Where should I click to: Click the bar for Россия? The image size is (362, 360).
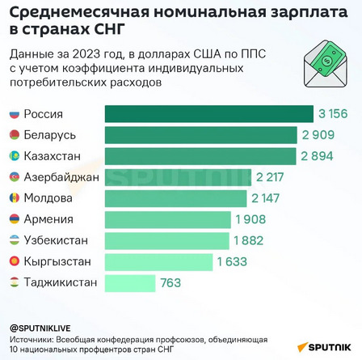209,114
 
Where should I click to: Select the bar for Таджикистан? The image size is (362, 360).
130,283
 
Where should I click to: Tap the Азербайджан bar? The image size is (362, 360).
178,177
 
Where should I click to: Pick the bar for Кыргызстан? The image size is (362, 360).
158,262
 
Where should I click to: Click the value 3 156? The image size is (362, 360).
333,114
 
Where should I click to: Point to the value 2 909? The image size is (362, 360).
318,135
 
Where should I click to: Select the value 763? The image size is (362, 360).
170,283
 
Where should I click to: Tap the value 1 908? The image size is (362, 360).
250,219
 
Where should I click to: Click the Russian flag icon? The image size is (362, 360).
15,114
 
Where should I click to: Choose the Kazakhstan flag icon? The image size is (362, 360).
15,156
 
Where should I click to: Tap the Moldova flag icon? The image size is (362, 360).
15,198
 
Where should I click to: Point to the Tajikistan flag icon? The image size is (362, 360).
15,282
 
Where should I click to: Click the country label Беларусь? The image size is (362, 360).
50,135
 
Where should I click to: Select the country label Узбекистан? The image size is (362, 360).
56,240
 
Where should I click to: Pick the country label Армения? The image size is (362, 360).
48,219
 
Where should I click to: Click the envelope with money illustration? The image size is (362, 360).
326,64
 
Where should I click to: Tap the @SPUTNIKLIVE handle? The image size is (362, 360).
40,328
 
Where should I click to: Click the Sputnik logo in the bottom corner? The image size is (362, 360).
324,347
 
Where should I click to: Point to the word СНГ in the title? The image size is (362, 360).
110,29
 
